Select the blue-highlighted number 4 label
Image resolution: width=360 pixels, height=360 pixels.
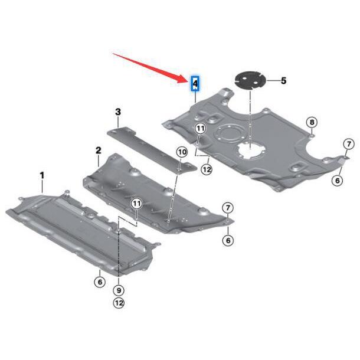click(194, 84)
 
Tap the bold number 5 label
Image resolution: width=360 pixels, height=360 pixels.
click(283, 80)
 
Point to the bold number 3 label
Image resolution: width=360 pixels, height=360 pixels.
click(118, 112)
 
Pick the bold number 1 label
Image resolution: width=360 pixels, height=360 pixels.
click(42, 175)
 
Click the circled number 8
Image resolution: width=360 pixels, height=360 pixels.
click(312, 123)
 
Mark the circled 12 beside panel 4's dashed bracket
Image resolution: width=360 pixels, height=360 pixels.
click(206, 169)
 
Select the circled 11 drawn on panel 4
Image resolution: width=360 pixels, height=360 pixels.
click(201, 128)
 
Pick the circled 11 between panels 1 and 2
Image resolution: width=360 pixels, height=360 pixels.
click(137, 204)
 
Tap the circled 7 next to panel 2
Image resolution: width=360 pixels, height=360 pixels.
click(228, 207)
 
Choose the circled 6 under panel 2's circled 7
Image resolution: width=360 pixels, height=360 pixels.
click(228, 240)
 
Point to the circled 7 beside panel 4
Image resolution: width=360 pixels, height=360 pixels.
click(349, 144)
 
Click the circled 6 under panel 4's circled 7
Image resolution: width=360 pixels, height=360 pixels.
click(338, 180)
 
